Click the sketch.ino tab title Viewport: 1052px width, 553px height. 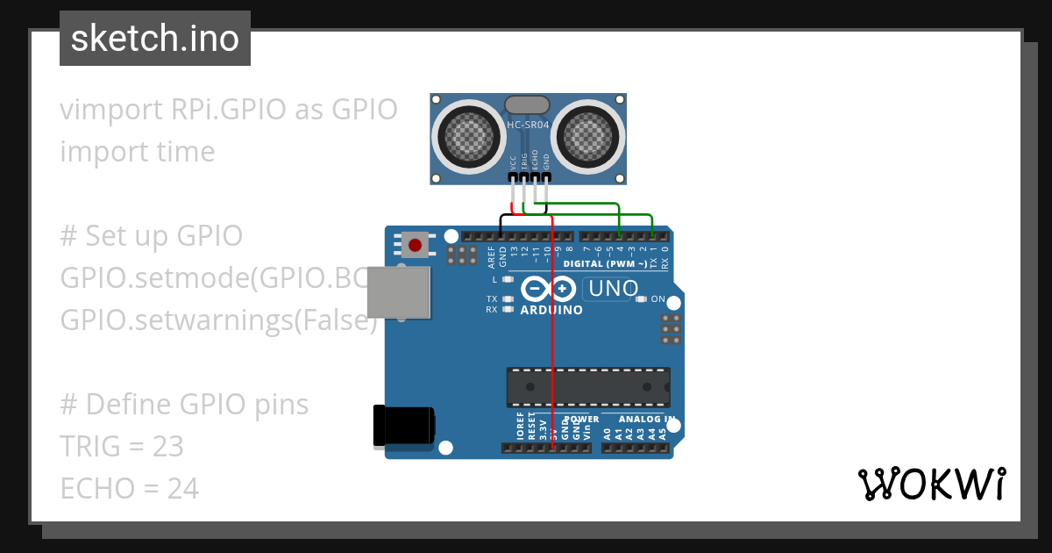[x=154, y=39]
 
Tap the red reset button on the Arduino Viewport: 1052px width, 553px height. [x=415, y=244]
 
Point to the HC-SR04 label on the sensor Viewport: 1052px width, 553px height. [x=528, y=126]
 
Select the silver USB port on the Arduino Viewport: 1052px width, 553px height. [x=399, y=291]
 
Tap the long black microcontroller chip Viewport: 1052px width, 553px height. [x=587, y=387]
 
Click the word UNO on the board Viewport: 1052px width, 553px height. [x=613, y=289]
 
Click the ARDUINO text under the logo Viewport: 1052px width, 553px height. [x=551, y=310]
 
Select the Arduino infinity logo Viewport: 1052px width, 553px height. [x=549, y=289]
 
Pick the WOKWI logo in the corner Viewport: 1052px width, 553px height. [x=931, y=484]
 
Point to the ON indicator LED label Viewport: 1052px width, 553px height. [x=657, y=299]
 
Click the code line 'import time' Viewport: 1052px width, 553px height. [x=138, y=151]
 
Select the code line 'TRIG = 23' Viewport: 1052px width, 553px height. [x=122, y=446]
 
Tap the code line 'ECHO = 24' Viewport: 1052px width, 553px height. [x=129, y=487]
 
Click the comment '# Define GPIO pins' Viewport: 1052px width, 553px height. [x=184, y=404]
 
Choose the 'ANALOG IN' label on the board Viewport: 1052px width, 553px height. [x=645, y=419]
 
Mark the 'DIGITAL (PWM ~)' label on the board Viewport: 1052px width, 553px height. [x=606, y=263]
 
